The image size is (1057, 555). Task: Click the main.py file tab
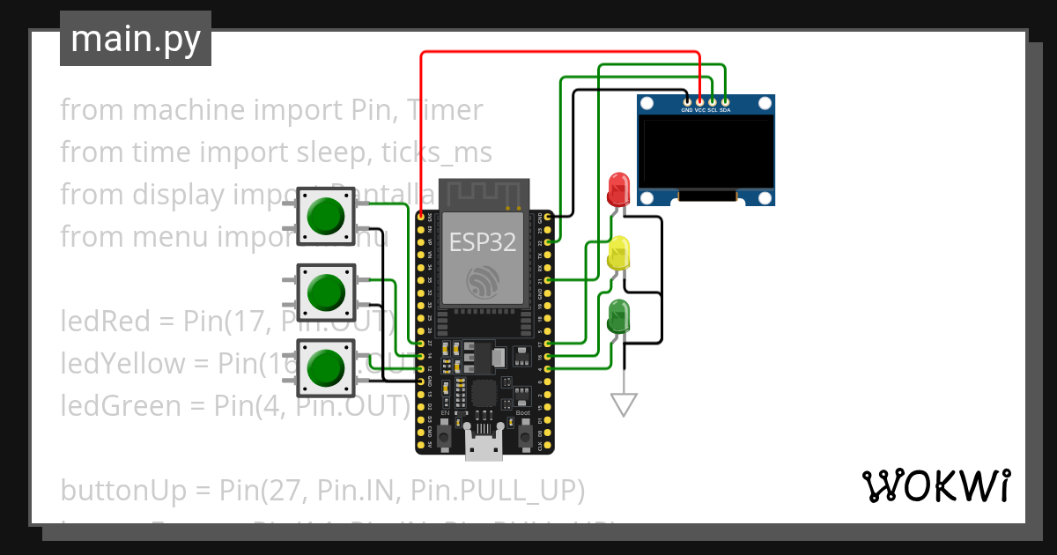click(135, 40)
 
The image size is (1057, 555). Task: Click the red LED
click(619, 189)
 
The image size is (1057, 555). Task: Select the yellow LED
click(619, 253)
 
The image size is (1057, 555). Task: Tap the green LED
click(619, 315)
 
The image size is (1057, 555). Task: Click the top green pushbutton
click(326, 216)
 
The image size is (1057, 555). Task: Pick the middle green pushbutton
click(326, 292)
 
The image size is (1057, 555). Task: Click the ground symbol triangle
click(624, 404)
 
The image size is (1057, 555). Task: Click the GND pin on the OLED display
click(687, 102)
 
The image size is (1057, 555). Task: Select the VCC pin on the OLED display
click(699, 102)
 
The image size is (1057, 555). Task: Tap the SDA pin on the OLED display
click(725, 102)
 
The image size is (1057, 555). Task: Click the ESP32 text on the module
click(483, 241)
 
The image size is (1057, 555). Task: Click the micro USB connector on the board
click(484, 448)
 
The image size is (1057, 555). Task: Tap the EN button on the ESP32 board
click(446, 435)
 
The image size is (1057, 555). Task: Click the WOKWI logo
click(935, 486)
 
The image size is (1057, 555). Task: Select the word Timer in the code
click(445, 110)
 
